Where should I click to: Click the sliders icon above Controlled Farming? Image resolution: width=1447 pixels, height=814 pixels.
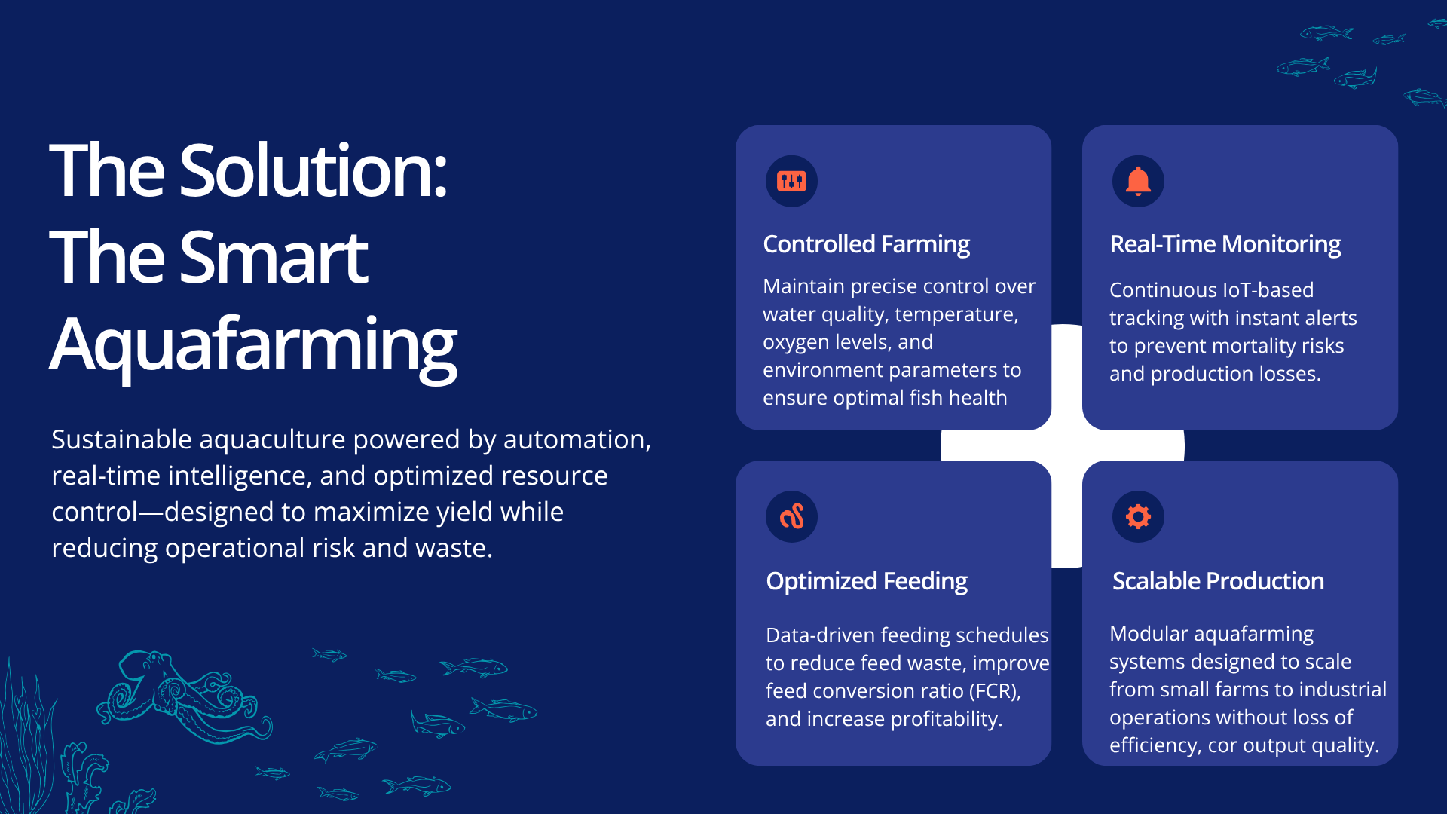[791, 181]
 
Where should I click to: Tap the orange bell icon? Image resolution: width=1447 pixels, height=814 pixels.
[1138, 181]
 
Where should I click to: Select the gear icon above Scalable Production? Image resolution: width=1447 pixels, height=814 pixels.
[1138, 516]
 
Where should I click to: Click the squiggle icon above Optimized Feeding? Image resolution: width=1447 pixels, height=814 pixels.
[791, 516]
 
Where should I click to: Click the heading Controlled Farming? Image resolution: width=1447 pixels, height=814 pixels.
[866, 244]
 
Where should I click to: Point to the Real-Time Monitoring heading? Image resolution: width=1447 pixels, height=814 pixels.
[1225, 244]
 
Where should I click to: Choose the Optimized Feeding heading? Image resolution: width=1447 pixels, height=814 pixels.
[867, 581]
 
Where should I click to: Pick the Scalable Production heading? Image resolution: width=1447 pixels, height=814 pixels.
[1218, 581]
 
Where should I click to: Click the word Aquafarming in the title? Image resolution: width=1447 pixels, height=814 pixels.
[253, 345]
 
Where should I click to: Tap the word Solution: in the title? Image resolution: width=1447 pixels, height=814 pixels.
[314, 171]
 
